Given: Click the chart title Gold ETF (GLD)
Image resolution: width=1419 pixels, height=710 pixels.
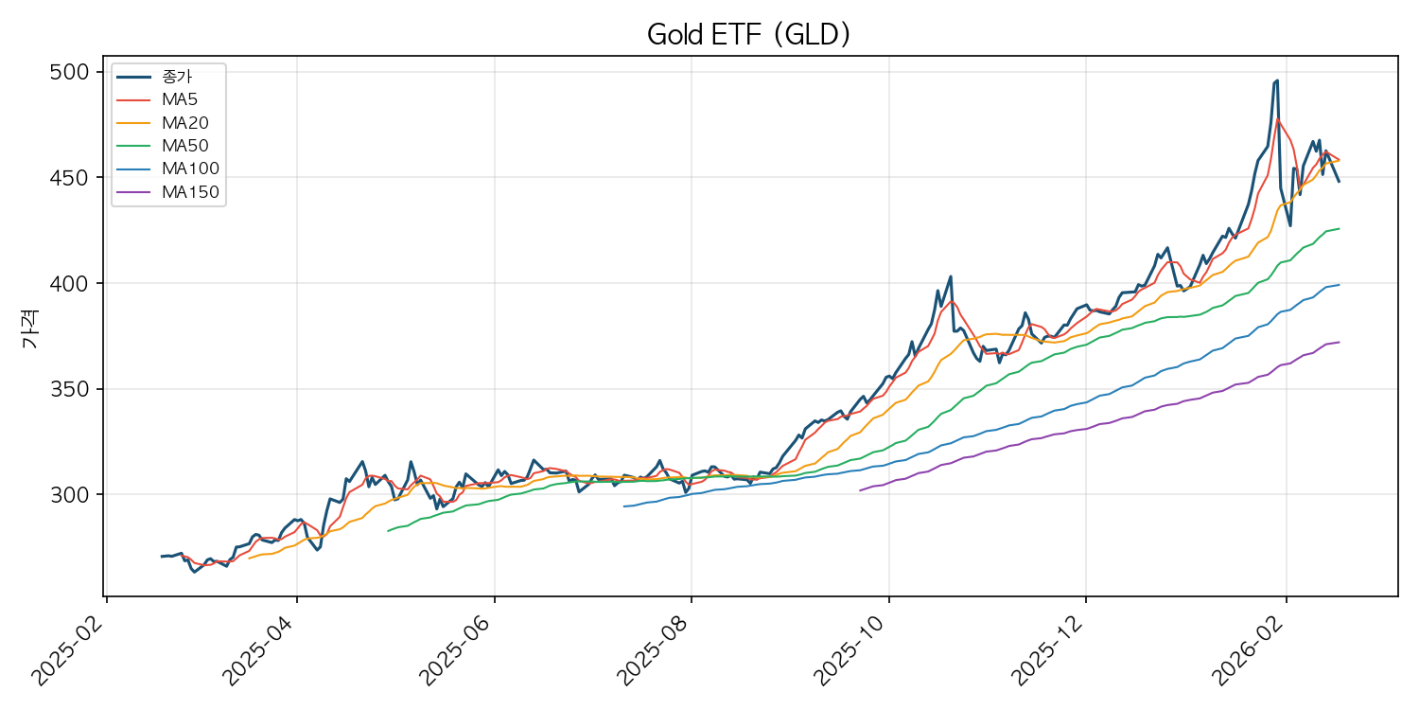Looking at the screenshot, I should point(748,35).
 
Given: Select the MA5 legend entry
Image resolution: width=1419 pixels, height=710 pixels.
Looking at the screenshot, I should point(179,98).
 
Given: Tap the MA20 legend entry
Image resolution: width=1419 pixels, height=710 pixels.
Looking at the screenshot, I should point(184,122).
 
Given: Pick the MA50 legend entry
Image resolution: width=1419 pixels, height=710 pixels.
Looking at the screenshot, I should point(184,146).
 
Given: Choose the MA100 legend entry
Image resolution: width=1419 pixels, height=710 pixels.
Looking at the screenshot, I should point(189,169).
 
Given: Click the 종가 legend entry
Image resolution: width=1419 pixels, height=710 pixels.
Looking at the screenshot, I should point(178,76).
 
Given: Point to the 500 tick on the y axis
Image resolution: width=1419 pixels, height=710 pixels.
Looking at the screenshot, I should point(75,73).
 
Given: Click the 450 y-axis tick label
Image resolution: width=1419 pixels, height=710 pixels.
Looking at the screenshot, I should point(75,178).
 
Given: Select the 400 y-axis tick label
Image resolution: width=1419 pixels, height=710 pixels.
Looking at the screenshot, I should point(75,284).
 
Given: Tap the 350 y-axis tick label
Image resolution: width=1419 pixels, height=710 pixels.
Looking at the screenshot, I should point(75,389).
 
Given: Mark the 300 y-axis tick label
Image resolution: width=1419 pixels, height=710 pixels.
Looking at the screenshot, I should point(75,495).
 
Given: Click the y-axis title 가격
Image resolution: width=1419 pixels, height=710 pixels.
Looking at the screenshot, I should point(29,333).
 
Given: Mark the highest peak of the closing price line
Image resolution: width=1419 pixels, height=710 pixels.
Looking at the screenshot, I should point(1277,80).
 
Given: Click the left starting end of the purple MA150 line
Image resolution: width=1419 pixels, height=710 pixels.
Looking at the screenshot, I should point(859,490).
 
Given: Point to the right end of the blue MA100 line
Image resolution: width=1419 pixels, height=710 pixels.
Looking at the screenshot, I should point(1339,285).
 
